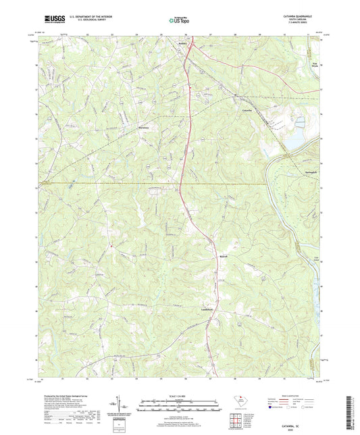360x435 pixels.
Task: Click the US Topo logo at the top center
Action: (x=178, y=21)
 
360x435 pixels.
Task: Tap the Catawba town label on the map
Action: (x=247, y=109)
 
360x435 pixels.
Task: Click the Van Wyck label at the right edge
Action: (x=313, y=65)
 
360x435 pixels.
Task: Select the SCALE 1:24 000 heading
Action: (x=178, y=396)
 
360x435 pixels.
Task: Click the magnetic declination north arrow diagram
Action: (x=121, y=405)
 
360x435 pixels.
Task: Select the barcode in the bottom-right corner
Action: (x=349, y=409)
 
